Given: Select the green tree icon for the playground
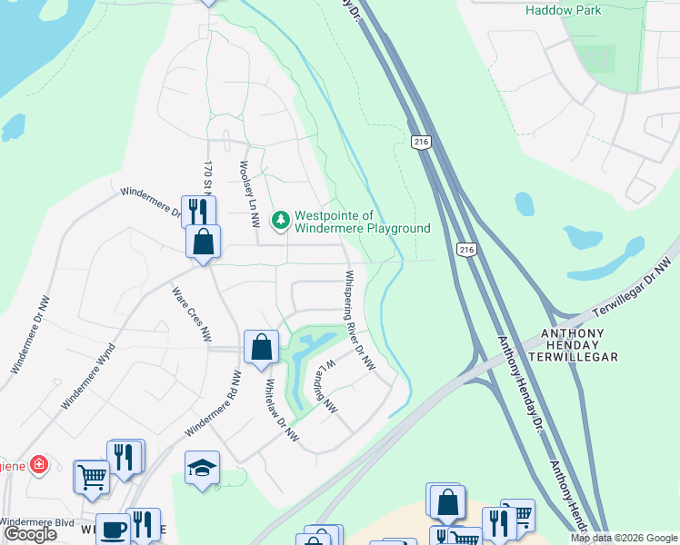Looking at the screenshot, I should click(281, 220).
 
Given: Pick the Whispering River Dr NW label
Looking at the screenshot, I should click(359, 319).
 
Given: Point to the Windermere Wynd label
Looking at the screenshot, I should click(88, 375).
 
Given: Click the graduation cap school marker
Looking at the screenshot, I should click(203, 467).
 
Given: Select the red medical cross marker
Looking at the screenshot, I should click(38, 465).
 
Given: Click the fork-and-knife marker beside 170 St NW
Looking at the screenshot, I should click(197, 211).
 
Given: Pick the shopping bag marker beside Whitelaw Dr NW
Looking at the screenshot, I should click(261, 346).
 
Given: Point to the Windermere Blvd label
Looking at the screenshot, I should click(36, 521).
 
